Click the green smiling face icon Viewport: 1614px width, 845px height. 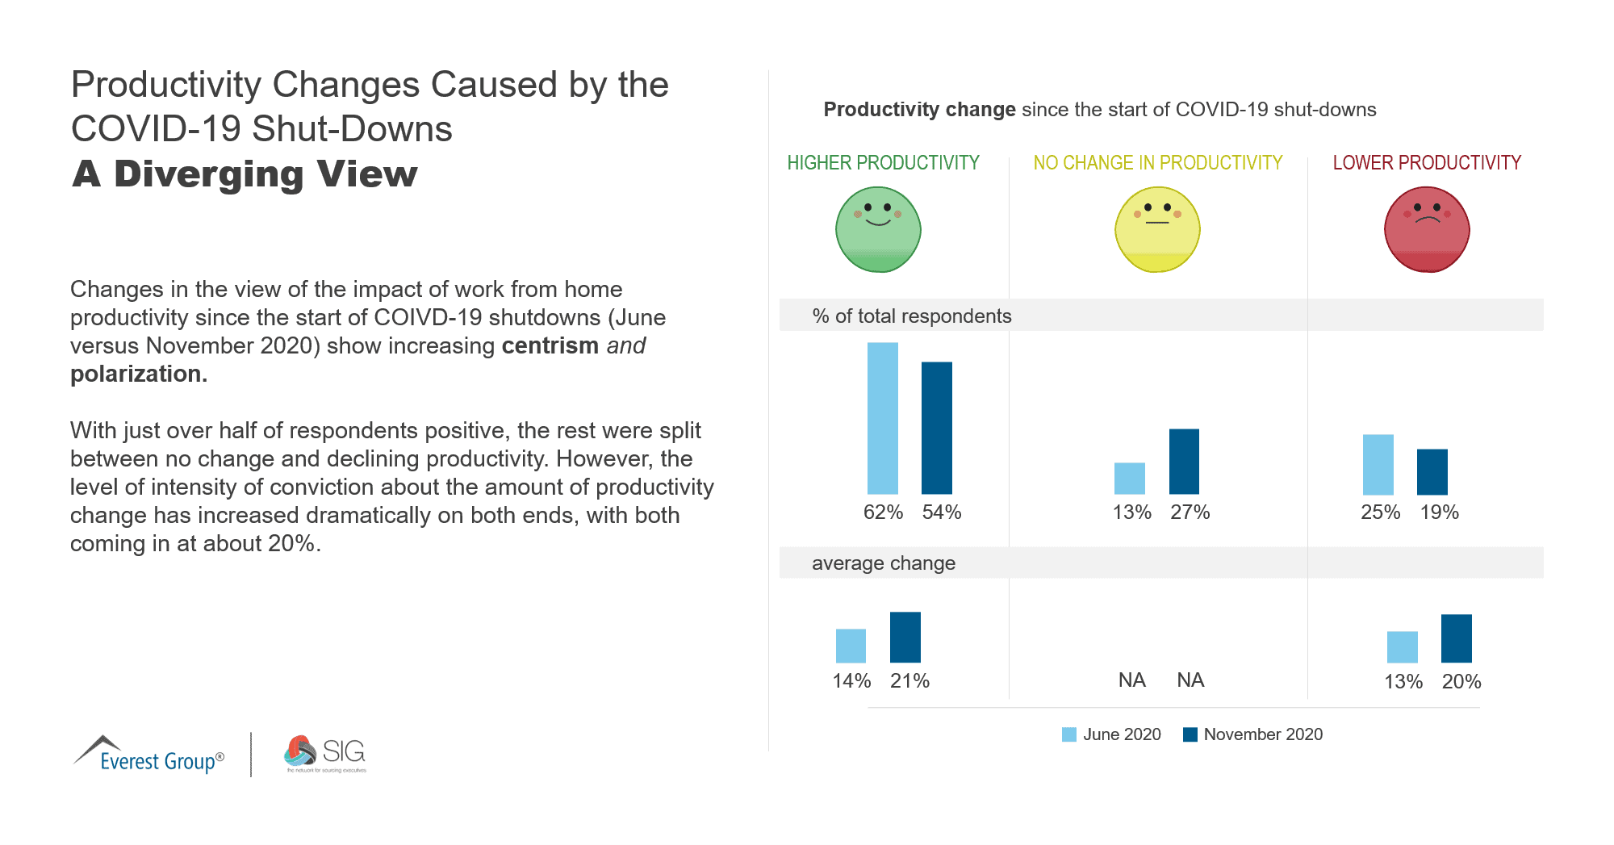click(x=878, y=230)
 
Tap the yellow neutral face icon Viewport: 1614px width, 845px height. click(x=1157, y=230)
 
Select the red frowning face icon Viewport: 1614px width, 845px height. click(x=1427, y=230)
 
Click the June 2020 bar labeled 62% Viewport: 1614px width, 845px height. click(x=882, y=418)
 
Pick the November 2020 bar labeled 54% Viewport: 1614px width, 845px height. click(x=937, y=428)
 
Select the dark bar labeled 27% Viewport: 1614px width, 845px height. click(x=1184, y=461)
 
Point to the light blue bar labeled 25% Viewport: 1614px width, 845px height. click(x=1378, y=464)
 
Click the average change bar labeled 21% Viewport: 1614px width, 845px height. click(x=905, y=637)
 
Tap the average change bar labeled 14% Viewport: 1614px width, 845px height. click(x=851, y=646)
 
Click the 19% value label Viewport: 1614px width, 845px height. click(x=1439, y=512)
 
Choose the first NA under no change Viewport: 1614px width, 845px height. click(x=1131, y=680)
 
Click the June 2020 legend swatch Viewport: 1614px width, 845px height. click(x=1068, y=734)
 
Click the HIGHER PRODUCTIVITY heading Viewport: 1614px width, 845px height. click(x=883, y=163)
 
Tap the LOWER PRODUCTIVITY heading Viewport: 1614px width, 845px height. click(x=1427, y=163)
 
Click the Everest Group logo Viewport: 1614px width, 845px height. click(x=149, y=755)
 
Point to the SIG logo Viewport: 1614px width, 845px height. click(x=325, y=753)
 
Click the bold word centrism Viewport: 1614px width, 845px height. click(x=550, y=345)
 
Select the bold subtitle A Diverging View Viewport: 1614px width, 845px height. click(x=245, y=174)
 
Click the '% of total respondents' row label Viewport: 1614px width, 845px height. click(x=911, y=316)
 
